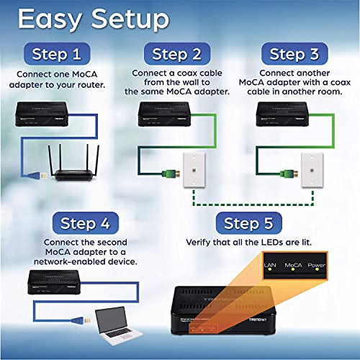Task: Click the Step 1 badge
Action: point(58,54)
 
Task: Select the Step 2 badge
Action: point(181,54)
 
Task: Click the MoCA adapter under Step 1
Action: point(44,113)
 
